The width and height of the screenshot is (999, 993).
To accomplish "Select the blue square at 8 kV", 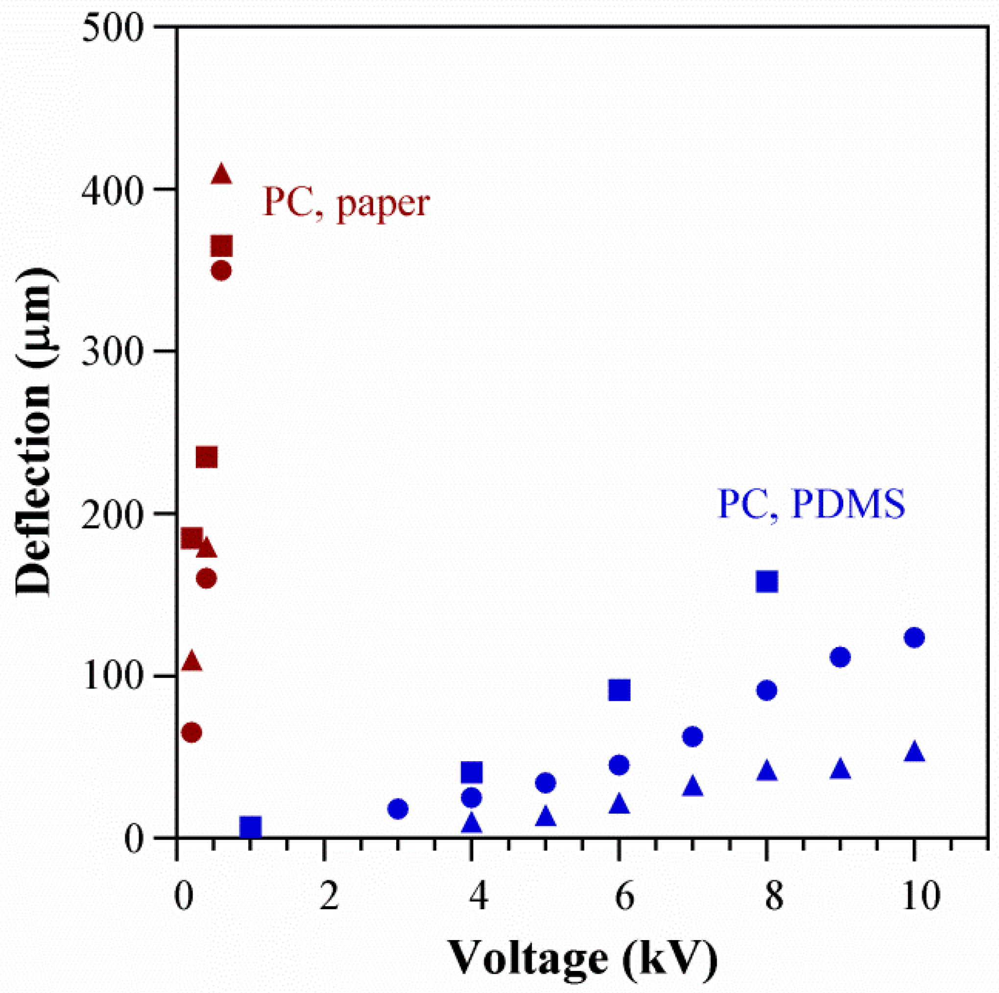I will pyautogui.click(x=767, y=582).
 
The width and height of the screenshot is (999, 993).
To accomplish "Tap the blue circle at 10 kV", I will pyautogui.click(x=914, y=638).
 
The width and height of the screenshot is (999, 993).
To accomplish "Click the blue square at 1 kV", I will pyautogui.click(x=251, y=827).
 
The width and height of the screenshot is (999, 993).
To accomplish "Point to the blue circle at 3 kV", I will pyautogui.click(x=398, y=808).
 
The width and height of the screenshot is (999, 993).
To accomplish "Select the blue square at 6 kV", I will pyautogui.click(x=619, y=690).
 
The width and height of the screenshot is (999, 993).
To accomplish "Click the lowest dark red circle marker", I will pyautogui.click(x=191, y=732).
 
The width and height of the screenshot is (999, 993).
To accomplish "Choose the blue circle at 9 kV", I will pyautogui.click(x=840, y=657).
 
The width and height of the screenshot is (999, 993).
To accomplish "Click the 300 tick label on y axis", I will pyautogui.click(x=112, y=351).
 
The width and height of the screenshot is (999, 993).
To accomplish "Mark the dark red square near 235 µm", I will pyautogui.click(x=207, y=457).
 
